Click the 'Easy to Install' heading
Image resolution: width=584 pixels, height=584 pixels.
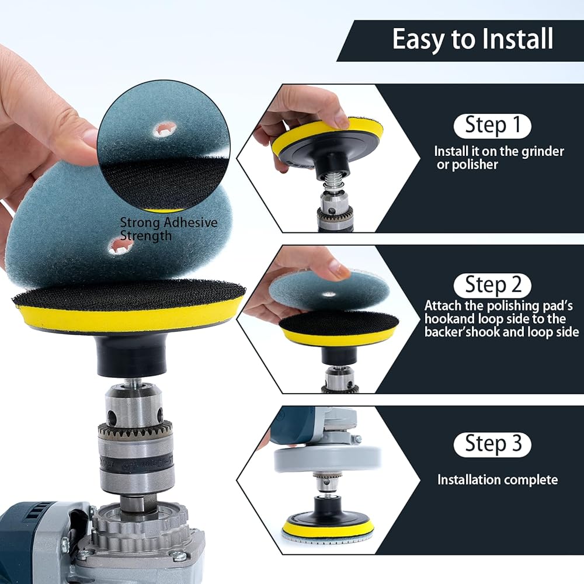(472, 40)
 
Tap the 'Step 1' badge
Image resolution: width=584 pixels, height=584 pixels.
(492, 126)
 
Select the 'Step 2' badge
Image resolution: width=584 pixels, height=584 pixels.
(492, 285)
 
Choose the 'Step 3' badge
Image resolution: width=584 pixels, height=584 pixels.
(492, 444)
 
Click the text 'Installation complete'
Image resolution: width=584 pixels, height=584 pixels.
(498, 479)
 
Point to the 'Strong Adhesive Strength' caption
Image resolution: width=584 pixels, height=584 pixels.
(168, 229)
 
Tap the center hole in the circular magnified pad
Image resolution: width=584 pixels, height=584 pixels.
(165, 130)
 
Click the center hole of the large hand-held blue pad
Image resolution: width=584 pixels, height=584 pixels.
(120, 246)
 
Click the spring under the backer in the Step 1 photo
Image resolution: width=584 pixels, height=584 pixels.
(333, 182)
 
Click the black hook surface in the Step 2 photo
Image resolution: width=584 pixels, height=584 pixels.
(338, 324)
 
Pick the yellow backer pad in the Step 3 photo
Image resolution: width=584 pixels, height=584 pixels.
(328, 527)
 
